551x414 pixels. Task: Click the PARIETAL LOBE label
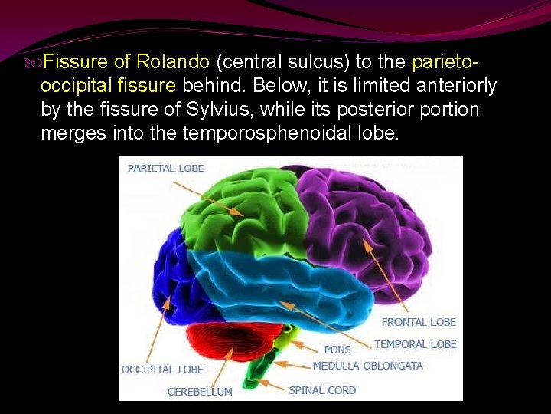click(x=165, y=168)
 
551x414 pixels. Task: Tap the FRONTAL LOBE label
click(x=419, y=322)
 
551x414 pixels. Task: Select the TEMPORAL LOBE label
click(x=415, y=344)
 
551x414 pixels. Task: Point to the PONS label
click(x=337, y=350)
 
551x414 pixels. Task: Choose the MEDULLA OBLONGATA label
click(x=367, y=366)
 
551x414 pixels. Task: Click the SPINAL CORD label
click(x=322, y=390)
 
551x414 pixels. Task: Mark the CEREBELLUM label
click(x=200, y=392)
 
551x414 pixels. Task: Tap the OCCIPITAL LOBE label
click(x=162, y=370)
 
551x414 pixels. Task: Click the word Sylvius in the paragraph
click(x=207, y=110)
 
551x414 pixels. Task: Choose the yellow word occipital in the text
click(x=74, y=85)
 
